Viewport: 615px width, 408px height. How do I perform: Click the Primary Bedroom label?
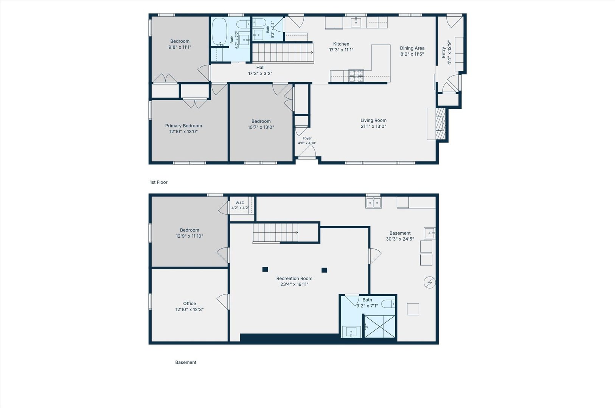pos(183,125)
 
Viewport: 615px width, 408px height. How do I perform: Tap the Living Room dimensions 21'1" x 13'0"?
pos(373,127)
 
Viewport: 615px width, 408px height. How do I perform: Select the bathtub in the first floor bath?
pos(219,31)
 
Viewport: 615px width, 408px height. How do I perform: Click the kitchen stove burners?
pos(356,76)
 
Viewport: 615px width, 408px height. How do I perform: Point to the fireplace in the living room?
pos(440,124)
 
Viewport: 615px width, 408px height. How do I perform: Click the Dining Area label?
pos(412,48)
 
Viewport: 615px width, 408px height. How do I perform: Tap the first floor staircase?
pos(283,53)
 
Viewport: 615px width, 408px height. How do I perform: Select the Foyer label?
pos(307,139)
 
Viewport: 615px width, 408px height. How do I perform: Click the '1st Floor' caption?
pos(159,182)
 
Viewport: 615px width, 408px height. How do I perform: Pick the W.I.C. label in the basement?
pos(240,203)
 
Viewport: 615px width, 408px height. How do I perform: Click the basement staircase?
pos(276,233)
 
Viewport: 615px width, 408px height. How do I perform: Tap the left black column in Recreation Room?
pos(265,269)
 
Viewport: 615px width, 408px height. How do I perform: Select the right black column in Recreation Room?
pos(324,270)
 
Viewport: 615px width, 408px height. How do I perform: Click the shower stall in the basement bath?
pos(380,326)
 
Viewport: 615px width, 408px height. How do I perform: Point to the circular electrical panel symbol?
pos(430,283)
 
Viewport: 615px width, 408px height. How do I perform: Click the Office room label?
pos(189,303)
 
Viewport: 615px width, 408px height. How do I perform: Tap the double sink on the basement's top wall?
pos(373,202)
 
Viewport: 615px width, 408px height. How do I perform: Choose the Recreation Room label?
pos(294,278)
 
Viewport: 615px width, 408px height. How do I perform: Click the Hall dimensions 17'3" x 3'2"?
pos(260,74)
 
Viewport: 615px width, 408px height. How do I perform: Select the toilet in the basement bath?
pos(388,304)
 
